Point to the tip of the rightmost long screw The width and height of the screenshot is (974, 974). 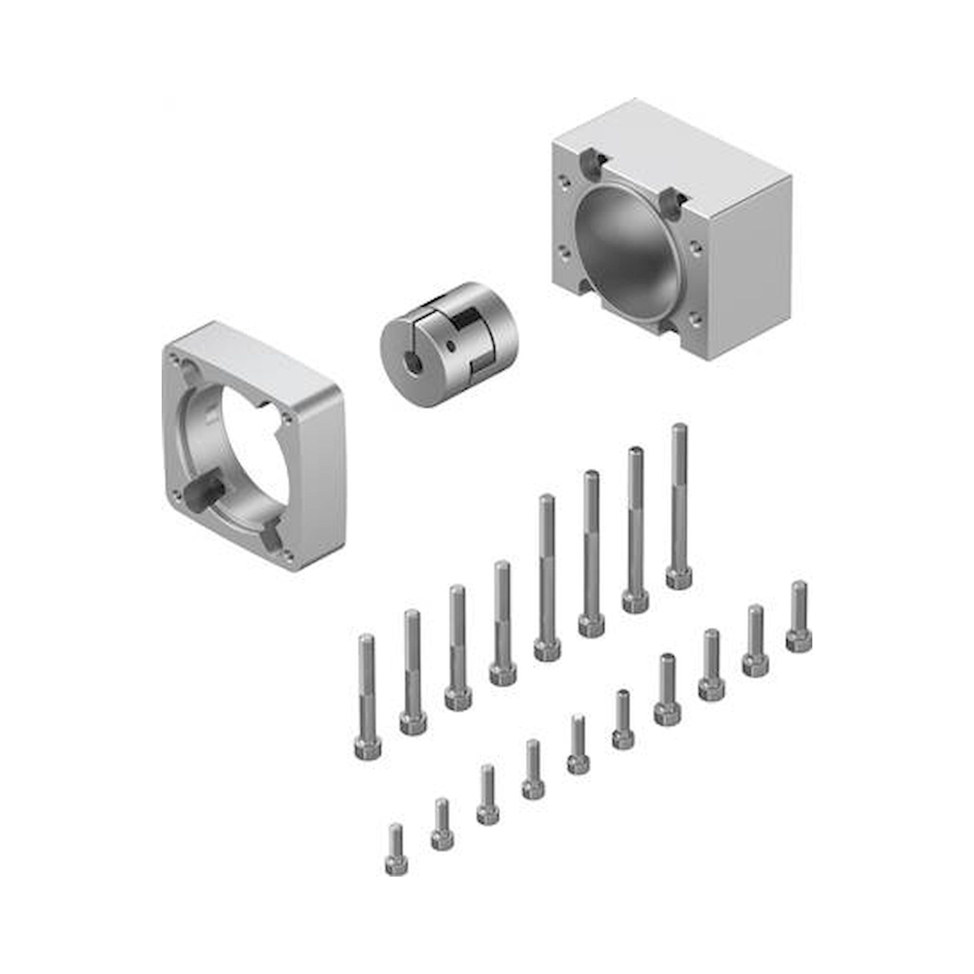679,429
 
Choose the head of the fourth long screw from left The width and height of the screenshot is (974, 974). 503,674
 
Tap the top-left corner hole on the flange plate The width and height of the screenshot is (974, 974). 174,359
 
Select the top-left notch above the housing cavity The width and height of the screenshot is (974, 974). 590,161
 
